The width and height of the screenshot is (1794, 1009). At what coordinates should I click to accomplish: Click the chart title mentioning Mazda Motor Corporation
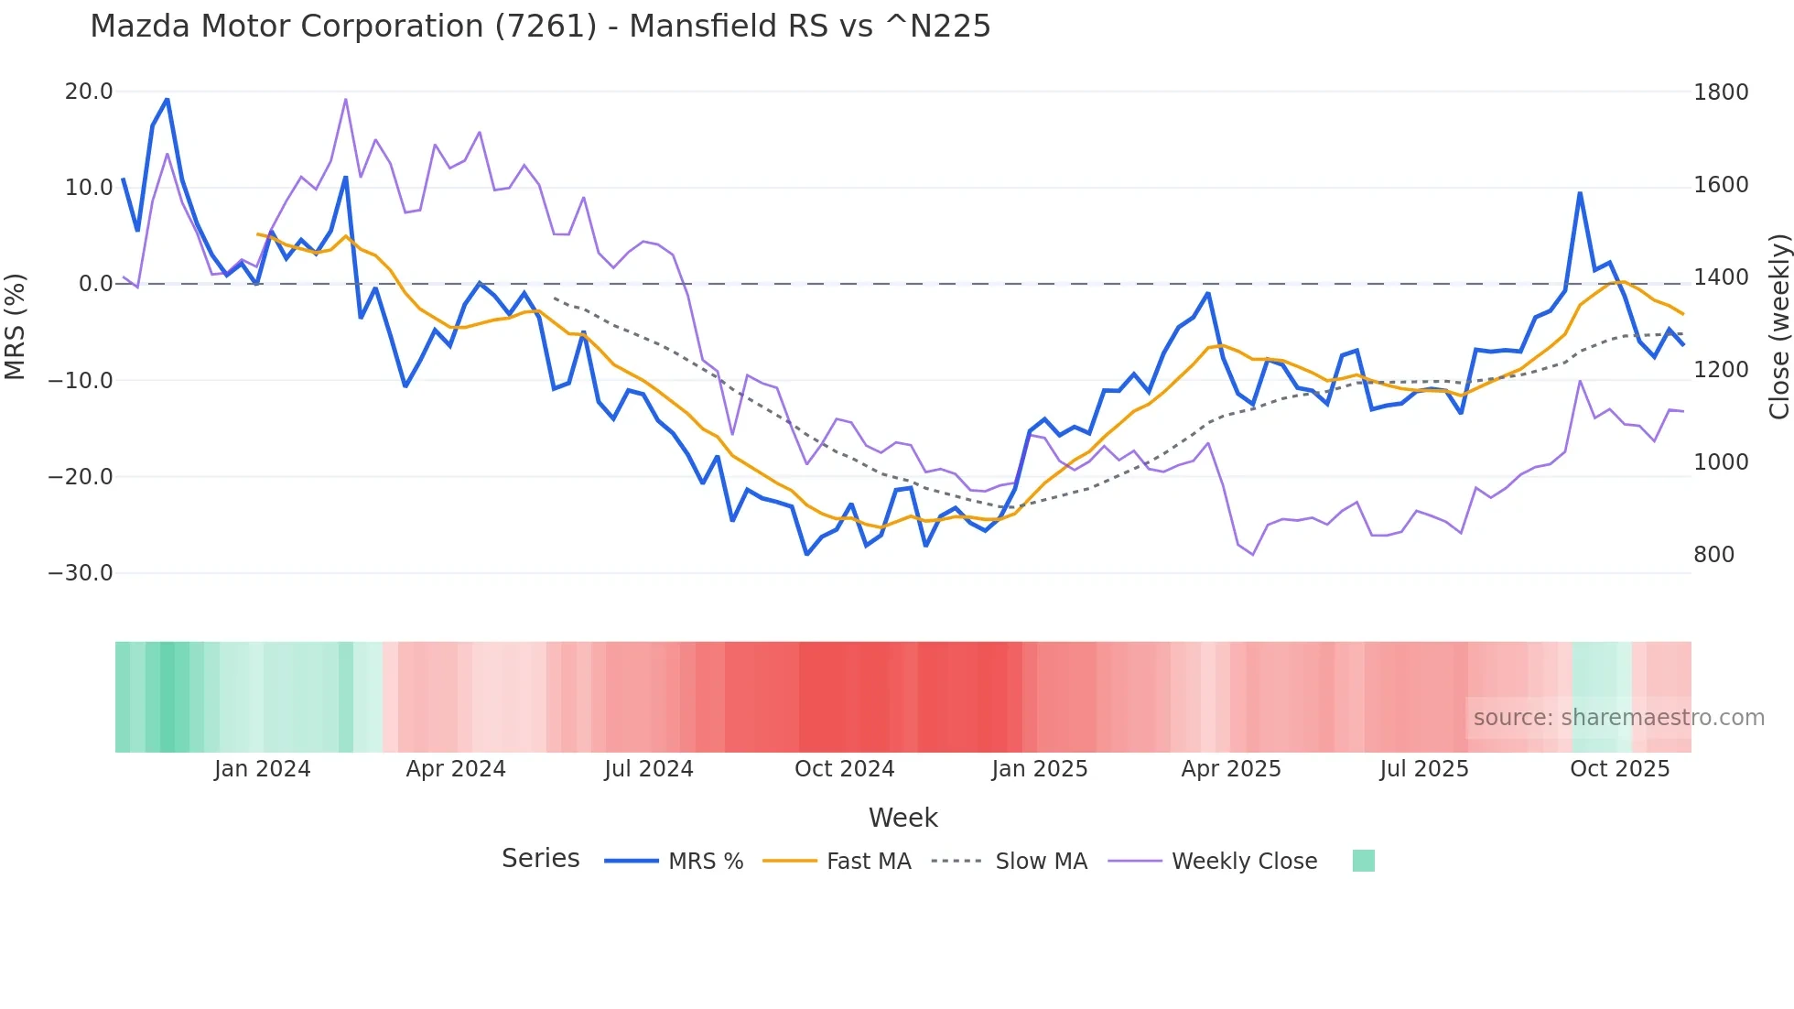(540, 26)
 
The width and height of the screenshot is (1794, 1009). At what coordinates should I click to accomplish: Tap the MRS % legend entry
(705, 862)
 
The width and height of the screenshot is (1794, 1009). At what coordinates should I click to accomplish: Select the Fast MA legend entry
(868, 862)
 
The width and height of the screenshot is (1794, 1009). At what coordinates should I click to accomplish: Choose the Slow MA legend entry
(1041, 862)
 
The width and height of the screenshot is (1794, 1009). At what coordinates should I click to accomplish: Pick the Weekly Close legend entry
(1244, 862)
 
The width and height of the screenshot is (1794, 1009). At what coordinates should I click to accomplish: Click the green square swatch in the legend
(1363, 861)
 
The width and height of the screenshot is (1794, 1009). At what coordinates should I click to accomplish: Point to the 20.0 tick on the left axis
(89, 92)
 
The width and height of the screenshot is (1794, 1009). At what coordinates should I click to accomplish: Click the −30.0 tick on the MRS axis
(81, 573)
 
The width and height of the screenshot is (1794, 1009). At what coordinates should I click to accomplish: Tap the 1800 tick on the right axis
(1721, 92)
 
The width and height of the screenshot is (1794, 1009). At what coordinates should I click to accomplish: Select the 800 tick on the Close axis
(1713, 555)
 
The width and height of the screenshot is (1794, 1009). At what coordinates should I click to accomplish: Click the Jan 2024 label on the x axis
(263, 769)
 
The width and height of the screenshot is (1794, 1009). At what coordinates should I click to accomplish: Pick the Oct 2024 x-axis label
(844, 769)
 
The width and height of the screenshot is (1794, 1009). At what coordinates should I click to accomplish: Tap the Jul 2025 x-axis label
(1424, 769)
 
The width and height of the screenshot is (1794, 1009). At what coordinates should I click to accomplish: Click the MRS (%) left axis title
(16, 327)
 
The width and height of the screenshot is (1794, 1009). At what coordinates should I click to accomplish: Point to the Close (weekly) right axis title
(1778, 327)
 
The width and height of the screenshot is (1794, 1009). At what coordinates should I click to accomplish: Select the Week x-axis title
(902, 818)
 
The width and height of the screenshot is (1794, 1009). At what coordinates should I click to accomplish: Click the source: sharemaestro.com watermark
(1618, 718)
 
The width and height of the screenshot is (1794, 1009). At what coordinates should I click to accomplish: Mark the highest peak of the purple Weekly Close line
(346, 99)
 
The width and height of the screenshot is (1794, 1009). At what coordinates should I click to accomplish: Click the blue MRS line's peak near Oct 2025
(1580, 193)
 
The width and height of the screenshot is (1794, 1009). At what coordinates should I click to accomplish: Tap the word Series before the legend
(540, 859)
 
